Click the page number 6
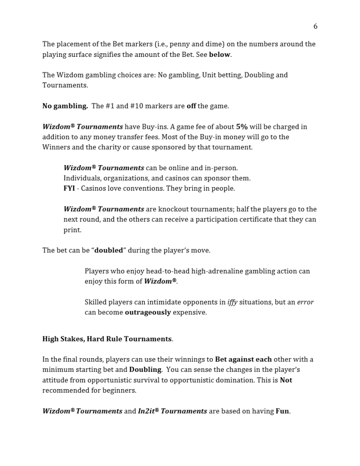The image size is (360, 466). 315,26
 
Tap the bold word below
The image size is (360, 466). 219,55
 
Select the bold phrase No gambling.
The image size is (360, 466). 65,106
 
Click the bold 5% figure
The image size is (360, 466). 242,127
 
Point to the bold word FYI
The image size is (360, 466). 69,188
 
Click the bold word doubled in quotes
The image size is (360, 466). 108,250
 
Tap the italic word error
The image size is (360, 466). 305,302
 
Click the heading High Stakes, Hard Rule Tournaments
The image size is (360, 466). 107,339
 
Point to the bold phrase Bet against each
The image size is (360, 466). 243,360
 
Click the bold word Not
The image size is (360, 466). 286,380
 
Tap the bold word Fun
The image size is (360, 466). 282,411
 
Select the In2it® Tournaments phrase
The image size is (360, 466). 172,411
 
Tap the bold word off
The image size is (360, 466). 191,106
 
